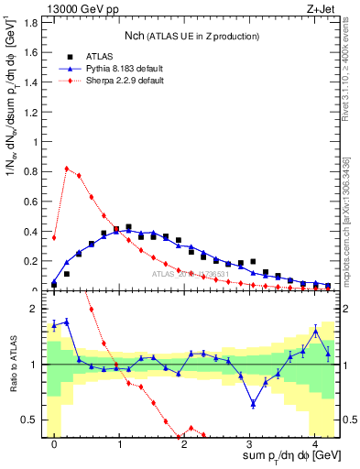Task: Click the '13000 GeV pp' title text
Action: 80,8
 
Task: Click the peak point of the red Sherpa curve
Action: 67,169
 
